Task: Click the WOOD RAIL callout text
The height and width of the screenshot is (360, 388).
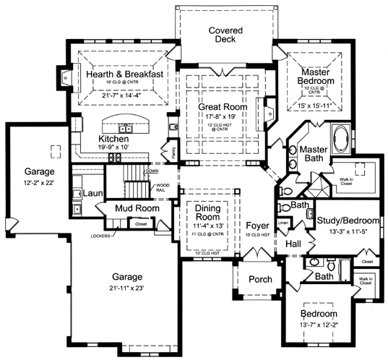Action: tap(163, 189)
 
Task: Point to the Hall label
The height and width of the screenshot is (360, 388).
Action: tap(293, 244)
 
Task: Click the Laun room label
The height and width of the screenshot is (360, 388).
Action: tap(91, 194)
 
